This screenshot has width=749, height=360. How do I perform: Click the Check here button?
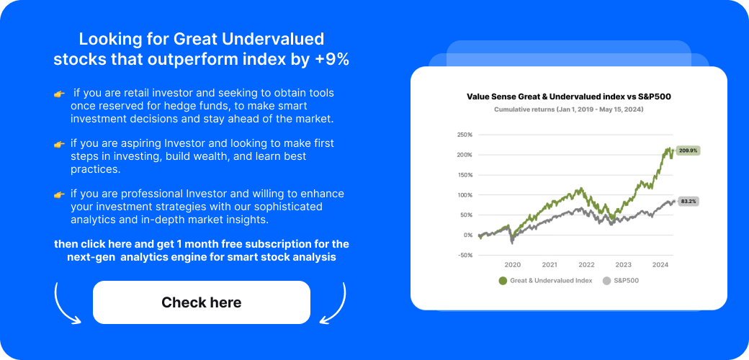tap(202, 302)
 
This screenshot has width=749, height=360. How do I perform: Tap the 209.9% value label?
tap(689, 150)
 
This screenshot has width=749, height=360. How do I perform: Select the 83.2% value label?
tap(689, 202)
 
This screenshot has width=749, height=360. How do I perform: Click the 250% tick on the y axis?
tap(465, 135)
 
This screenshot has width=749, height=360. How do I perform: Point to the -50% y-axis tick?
tap(465, 255)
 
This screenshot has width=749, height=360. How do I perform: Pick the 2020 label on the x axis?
tap(513, 265)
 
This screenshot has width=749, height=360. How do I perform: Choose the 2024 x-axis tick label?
tap(660, 265)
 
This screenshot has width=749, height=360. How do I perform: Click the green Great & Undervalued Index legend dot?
tap(502, 281)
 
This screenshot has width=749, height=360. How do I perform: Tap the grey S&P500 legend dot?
tap(606, 281)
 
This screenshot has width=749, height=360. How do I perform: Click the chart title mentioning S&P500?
tap(569, 96)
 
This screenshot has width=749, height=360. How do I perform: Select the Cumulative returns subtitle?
tap(569, 109)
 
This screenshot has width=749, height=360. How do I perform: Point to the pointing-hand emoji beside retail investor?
tap(59, 94)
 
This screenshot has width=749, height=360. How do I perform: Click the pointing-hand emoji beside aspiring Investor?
tap(59, 144)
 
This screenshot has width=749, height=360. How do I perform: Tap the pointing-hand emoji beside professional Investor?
tap(59, 194)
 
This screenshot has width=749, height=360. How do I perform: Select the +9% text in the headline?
tap(332, 60)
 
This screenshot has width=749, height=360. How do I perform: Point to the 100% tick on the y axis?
tap(465, 195)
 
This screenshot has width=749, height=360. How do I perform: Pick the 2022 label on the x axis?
tap(586, 265)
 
